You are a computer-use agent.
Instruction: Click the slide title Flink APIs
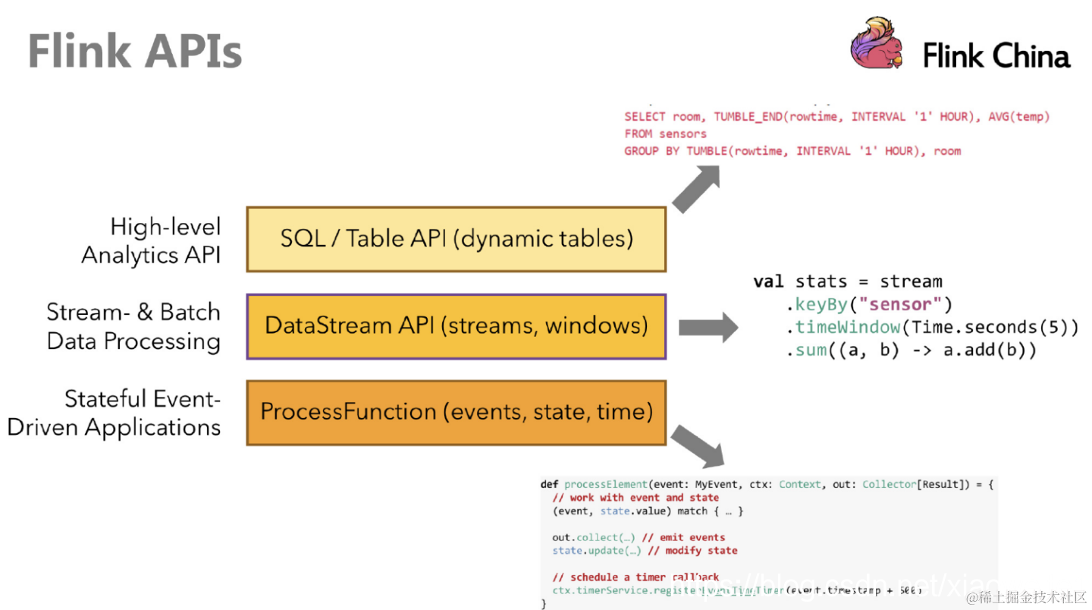click(135, 51)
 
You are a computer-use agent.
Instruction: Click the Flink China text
click(996, 56)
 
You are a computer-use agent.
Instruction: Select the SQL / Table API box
click(456, 239)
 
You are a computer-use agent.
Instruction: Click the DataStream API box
click(456, 326)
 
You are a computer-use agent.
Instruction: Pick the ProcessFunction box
click(456, 412)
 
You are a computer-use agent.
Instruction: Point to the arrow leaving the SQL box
click(696, 190)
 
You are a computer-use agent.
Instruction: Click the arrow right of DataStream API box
click(708, 328)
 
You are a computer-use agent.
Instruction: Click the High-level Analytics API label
click(151, 241)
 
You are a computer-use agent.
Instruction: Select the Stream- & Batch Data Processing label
click(133, 326)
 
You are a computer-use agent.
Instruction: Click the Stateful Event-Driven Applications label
click(114, 413)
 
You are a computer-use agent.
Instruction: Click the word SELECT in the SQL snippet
click(644, 117)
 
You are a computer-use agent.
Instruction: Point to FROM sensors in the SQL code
click(665, 134)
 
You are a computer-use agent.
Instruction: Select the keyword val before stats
click(767, 281)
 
